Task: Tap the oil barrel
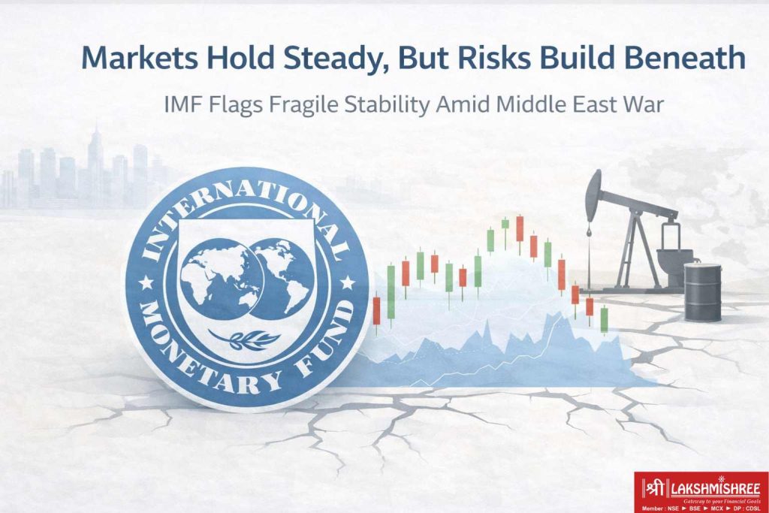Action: tap(702, 293)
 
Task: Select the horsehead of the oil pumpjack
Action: tap(594, 188)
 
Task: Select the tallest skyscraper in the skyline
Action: tap(95, 161)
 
